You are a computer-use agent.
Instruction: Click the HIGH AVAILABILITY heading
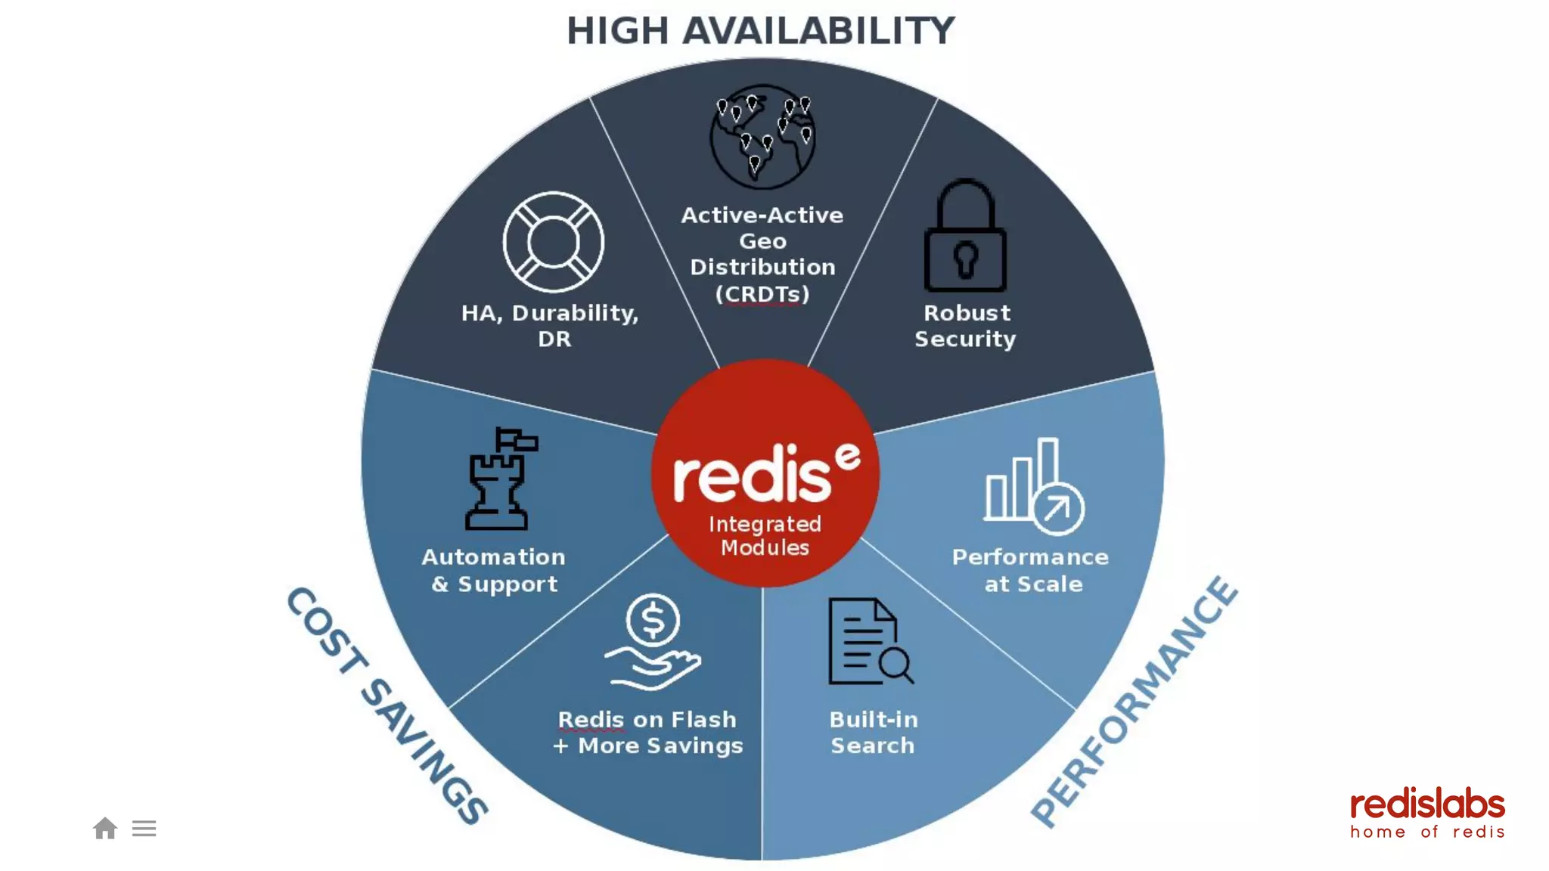pos(761,31)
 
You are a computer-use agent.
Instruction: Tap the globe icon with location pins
pos(762,137)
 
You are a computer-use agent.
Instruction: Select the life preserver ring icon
pos(554,242)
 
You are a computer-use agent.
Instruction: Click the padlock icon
pos(965,237)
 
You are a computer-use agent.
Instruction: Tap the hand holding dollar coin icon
pos(653,642)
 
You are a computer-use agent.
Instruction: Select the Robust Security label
pos(966,326)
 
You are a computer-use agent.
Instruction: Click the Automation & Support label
pos(494,570)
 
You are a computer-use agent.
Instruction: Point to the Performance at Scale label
pos(1031,570)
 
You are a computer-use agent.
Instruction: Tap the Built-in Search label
pos(874,732)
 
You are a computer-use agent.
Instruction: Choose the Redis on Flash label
pos(647,719)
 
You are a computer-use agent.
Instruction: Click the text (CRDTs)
pos(762,293)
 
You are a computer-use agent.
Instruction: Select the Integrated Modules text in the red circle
pos(765,535)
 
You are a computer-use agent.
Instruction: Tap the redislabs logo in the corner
pos(1427,813)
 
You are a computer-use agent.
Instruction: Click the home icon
pos(105,829)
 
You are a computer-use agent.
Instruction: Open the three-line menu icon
pos(144,829)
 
